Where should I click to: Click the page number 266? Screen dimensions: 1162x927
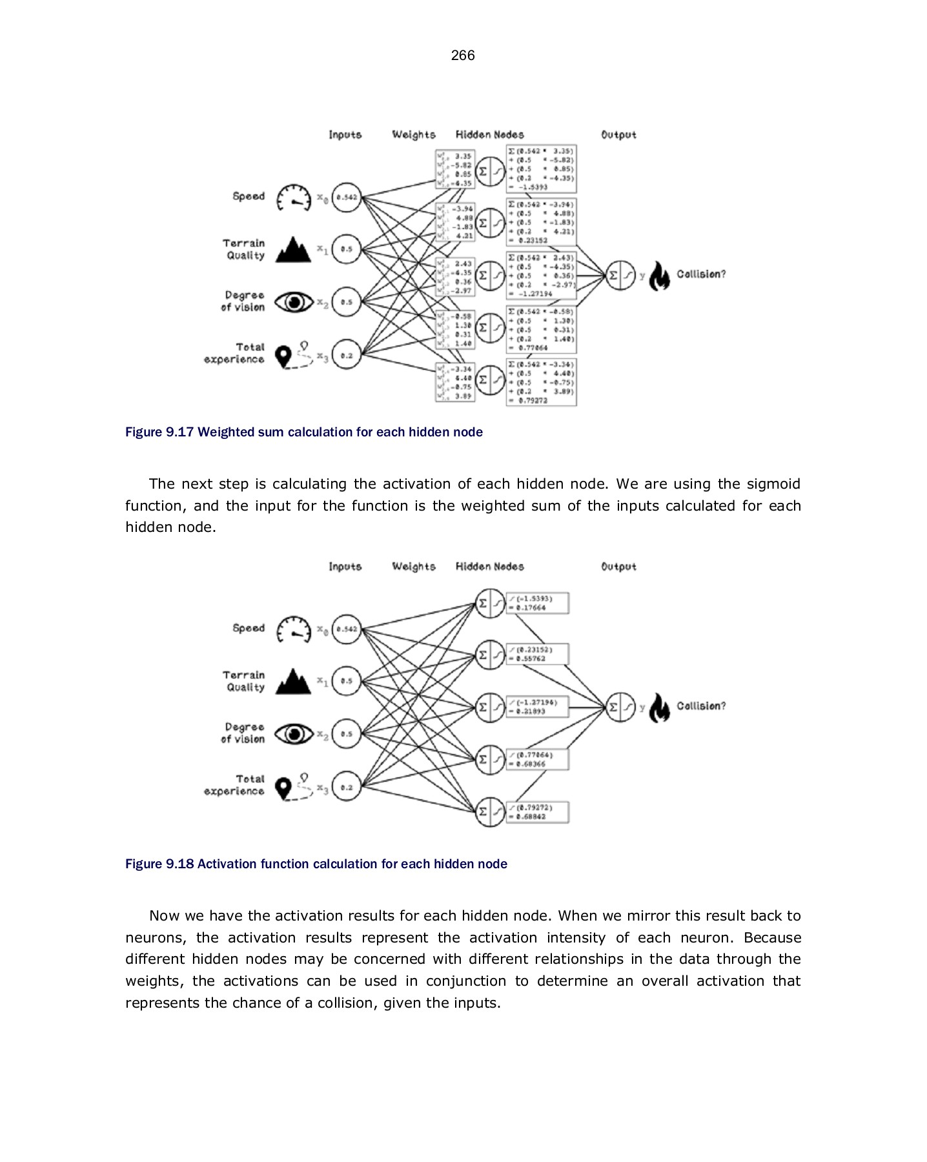(463, 56)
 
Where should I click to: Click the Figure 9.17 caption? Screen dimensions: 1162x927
(303, 432)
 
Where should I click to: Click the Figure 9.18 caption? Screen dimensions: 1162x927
(316, 864)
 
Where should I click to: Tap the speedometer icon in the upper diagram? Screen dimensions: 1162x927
(293, 197)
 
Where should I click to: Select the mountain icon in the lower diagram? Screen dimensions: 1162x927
(293, 682)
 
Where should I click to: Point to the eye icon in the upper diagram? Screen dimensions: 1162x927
(293, 301)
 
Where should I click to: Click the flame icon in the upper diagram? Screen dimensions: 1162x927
(659, 276)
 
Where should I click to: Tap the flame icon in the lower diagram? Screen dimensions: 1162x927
(659, 708)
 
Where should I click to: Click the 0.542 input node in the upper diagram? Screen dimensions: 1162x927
(347, 197)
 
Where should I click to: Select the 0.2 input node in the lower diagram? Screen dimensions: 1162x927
(347, 787)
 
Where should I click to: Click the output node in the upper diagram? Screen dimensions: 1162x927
(621, 276)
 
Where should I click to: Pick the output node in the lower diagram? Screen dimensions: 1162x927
(621, 707)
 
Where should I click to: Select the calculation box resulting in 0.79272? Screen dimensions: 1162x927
(541, 382)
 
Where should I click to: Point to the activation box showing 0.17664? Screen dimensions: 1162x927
(537, 604)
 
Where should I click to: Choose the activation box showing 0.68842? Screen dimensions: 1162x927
(537, 812)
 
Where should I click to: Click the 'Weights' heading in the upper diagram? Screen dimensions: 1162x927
(414, 134)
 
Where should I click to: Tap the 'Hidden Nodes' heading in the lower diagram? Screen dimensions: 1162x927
(489, 566)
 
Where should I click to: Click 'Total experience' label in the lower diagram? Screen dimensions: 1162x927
(236, 785)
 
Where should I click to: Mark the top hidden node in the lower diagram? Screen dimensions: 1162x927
(490, 604)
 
